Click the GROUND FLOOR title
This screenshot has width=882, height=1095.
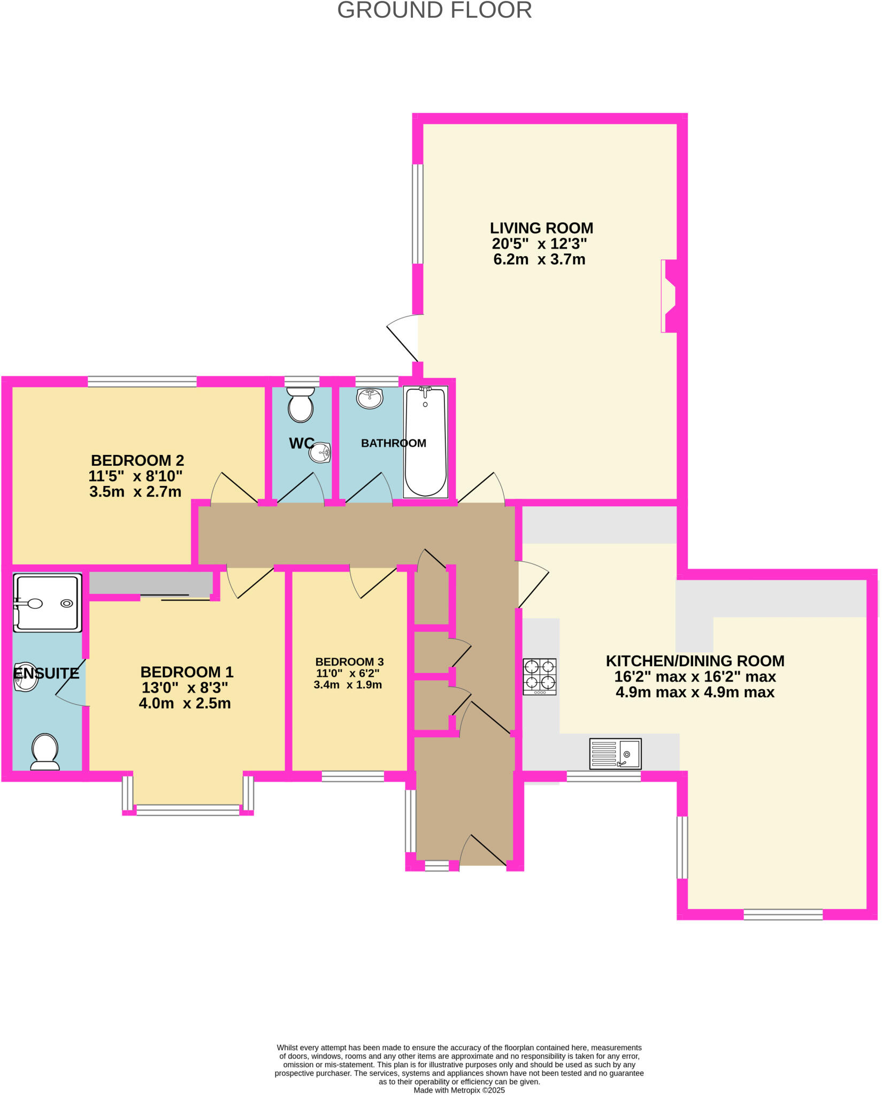click(434, 11)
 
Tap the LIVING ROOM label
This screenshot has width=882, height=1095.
click(541, 228)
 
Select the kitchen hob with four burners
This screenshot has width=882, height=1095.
click(540, 676)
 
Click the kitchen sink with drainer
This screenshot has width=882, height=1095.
click(615, 753)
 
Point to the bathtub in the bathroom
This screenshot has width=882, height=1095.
click(426, 442)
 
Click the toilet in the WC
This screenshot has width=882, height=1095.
click(301, 405)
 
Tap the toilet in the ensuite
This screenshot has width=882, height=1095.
click(45, 751)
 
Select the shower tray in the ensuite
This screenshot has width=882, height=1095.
click(48, 603)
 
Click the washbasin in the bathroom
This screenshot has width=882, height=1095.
click(370, 398)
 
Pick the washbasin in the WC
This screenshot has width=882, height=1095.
click(320, 453)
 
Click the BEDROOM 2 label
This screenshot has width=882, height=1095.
click(137, 460)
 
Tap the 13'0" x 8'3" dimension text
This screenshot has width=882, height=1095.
click(185, 688)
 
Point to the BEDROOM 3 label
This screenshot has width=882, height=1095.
click(349, 662)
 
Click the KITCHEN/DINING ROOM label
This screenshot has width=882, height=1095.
click(695, 661)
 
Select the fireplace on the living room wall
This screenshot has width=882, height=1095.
click(669, 296)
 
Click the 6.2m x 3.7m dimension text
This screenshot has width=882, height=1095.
click(539, 260)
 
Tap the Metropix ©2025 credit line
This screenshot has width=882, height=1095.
click(459, 1090)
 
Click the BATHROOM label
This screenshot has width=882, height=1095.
click(394, 443)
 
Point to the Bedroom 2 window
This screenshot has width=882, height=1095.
click(142, 381)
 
